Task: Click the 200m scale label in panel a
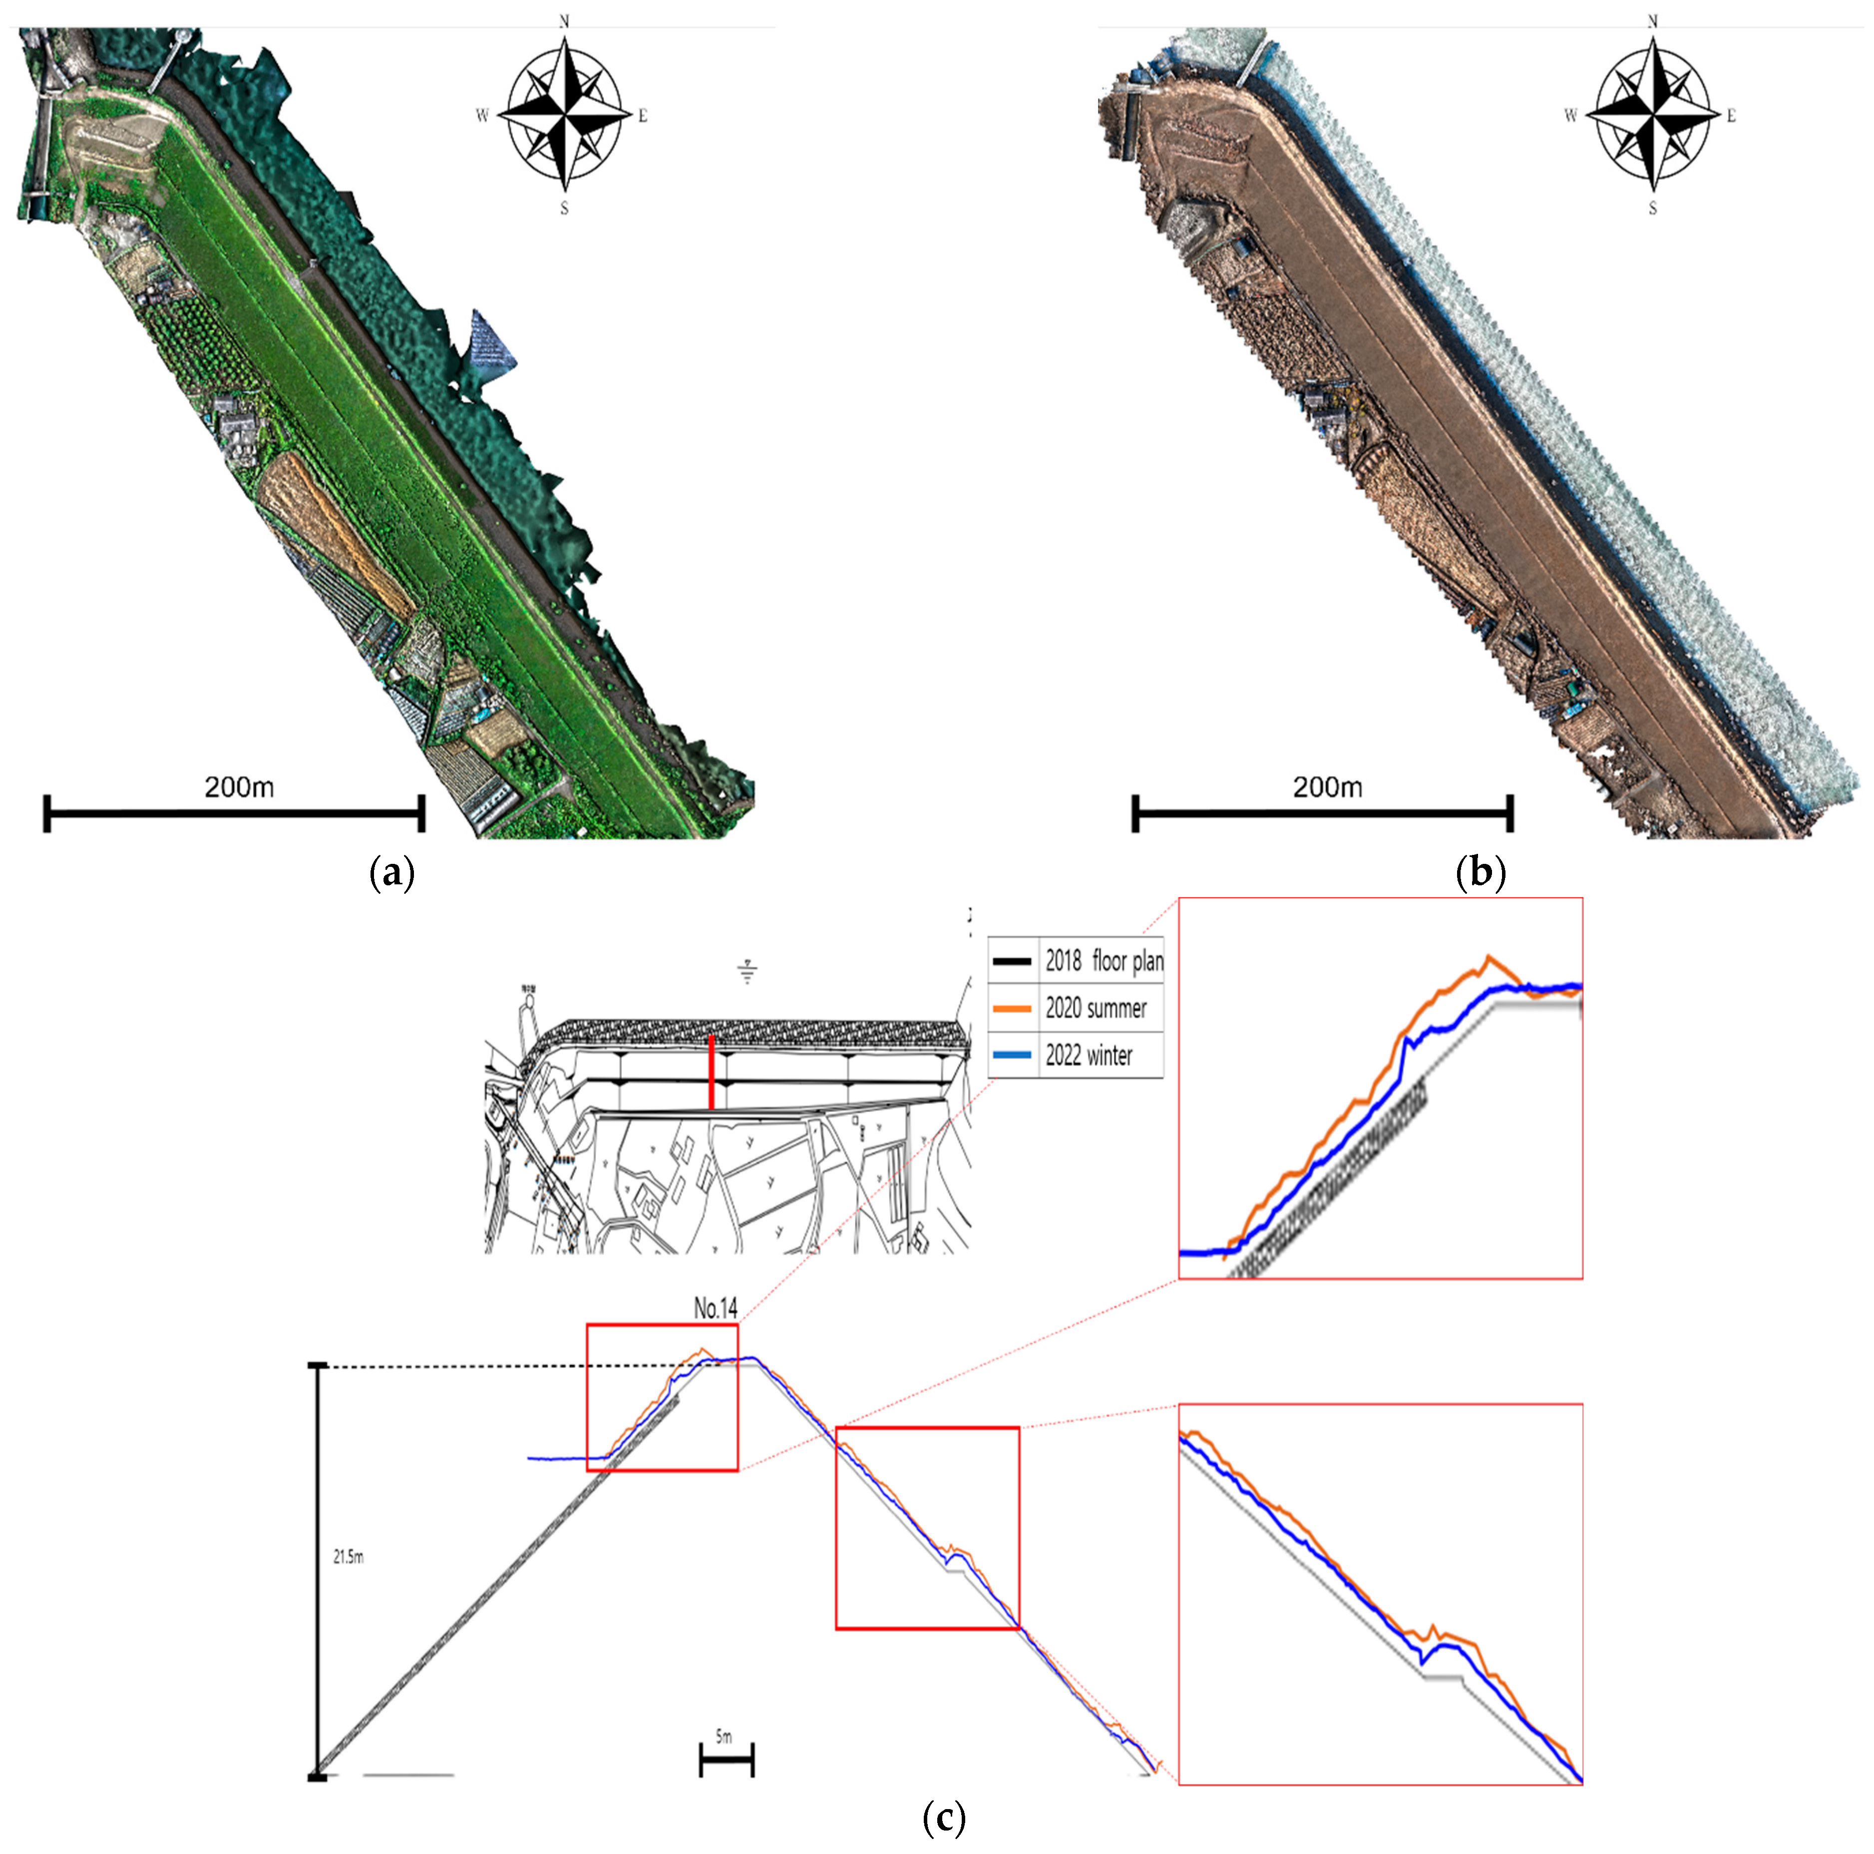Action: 239,788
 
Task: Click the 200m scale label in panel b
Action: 1327,788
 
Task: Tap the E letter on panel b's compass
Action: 1731,116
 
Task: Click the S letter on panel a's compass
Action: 565,209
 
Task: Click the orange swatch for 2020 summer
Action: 1012,1009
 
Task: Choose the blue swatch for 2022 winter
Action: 1012,1055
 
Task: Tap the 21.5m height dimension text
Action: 348,1557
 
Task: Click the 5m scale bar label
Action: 724,1737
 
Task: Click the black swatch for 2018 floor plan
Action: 1012,961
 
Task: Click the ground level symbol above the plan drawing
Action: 747,972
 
